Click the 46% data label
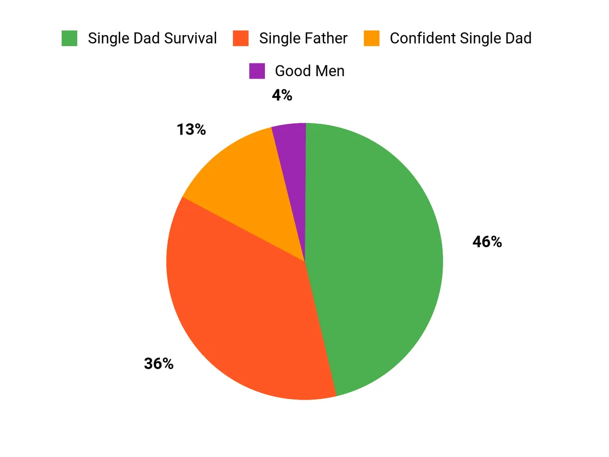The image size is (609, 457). point(487,242)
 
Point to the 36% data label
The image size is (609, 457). point(158,364)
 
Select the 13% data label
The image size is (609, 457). point(191,130)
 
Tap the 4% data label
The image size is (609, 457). point(282,95)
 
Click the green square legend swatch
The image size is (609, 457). point(70,39)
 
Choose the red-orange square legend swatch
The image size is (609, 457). point(241,39)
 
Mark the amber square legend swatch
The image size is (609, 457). point(371,39)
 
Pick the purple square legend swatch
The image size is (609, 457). point(257,71)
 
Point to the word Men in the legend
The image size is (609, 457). point(330,71)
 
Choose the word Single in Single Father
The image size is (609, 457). point(276,39)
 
